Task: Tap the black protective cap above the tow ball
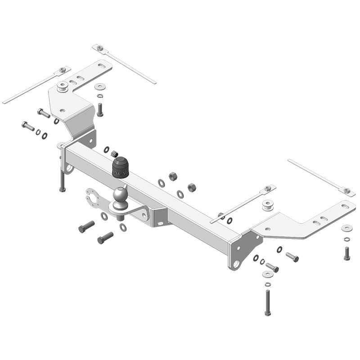[120, 167]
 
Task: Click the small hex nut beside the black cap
[114, 154]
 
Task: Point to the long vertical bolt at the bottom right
[267, 302]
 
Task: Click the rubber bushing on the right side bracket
[269, 206]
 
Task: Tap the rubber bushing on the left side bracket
[63, 86]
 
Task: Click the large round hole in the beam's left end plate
[69, 169]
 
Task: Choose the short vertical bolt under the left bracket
[100, 109]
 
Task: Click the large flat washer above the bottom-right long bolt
[267, 274]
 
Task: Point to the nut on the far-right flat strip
[346, 190]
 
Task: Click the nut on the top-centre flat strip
[100, 48]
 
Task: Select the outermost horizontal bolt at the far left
[27, 126]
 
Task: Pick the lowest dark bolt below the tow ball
[105, 237]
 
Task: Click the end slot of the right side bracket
[344, 207]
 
